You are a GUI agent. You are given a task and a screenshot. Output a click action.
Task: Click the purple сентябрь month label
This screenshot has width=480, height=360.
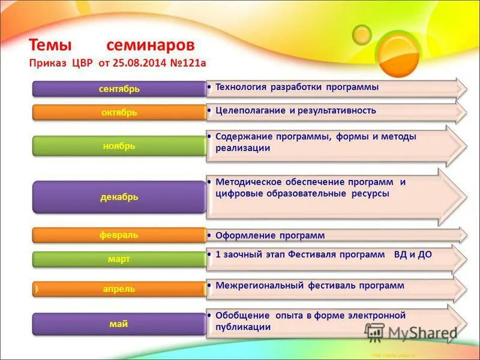[119, 89]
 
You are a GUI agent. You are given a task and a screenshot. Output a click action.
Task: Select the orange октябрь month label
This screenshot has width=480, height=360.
[119, 112]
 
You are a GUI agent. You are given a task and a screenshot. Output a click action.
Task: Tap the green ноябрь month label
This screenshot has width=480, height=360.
[119, 146]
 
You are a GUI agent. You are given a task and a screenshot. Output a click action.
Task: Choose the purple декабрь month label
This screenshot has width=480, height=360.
[119, 197]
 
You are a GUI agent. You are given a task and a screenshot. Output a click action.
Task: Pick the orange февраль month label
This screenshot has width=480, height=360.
[119, 235]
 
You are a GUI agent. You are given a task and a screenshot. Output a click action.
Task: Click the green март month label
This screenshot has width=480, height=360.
[119, 259]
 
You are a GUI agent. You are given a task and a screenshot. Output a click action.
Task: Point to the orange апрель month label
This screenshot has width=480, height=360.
[119, 289]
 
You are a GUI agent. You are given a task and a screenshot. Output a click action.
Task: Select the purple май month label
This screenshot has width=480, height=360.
[119, 324]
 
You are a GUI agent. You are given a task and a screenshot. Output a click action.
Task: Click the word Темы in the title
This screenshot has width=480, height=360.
[51, 46]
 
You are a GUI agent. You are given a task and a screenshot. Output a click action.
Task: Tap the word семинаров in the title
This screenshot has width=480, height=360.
[151, 46]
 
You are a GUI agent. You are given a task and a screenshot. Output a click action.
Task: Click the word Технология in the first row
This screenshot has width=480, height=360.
[240, 87]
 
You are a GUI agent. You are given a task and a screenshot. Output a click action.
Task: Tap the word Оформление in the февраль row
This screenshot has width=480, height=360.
[241, 235]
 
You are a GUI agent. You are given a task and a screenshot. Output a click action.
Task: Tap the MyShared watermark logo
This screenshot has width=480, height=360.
[411, 332]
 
